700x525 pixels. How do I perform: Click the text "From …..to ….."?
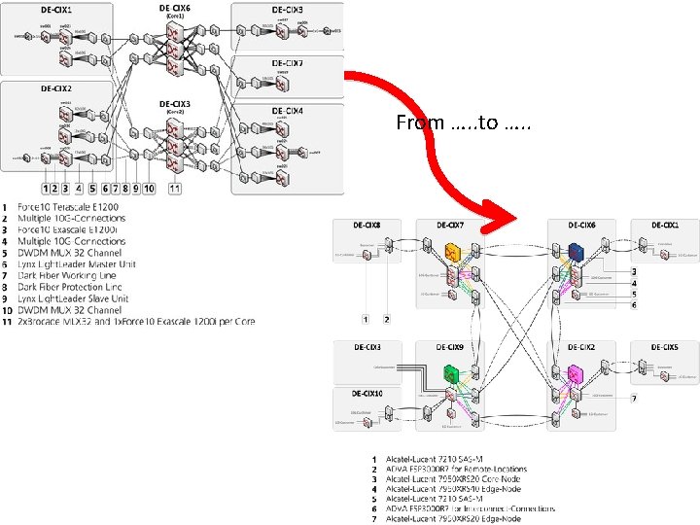463,123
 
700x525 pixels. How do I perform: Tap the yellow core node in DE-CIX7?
453,252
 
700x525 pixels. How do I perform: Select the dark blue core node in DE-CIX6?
576,251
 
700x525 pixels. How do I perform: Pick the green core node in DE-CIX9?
451,372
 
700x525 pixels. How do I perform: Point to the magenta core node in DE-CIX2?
574,372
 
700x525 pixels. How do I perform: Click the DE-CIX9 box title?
451,347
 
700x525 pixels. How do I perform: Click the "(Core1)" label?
175,17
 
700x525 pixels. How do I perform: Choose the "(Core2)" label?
175,112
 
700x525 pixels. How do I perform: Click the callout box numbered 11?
175,187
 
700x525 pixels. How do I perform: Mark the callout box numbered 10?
149,187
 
